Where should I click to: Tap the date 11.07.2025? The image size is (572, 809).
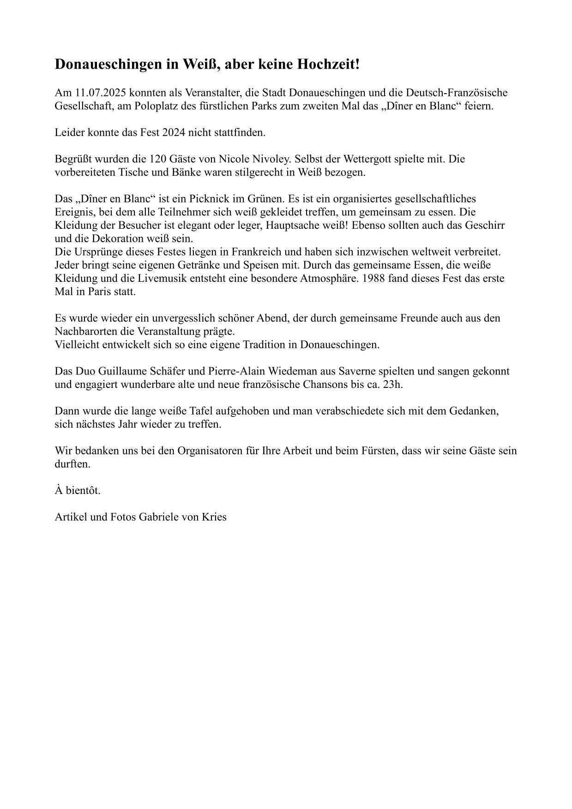pyautogui.click(x=100, y=93)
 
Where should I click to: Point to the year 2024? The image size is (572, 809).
pyautogui.click(x=173, y=133)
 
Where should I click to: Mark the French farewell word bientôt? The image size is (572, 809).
pyautogui.click(x=83, y=491)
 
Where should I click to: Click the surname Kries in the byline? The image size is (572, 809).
pyautogui.click(x=214, y=517)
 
